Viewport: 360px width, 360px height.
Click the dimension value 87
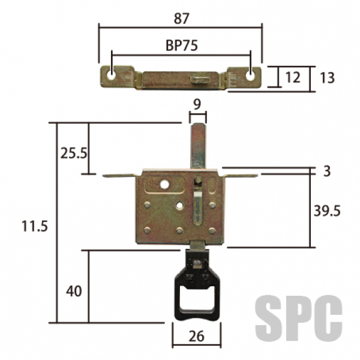181,19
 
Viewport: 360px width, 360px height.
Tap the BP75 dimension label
181,46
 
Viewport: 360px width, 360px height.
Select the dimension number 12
293,77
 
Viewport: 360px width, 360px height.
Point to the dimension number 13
327,77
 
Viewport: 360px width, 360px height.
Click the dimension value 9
197,104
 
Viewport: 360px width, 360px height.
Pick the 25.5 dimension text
74,154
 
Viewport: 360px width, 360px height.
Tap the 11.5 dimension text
35,226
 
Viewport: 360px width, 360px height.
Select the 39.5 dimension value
327,211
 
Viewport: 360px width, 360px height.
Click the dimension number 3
327,171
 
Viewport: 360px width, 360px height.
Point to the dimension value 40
74,292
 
